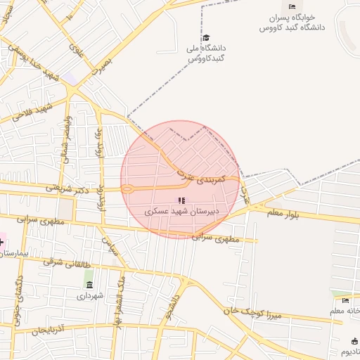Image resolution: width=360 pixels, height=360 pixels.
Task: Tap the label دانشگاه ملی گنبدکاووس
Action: (x=207, y=52)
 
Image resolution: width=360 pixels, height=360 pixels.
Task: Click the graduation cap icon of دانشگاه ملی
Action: (x=206, y=38)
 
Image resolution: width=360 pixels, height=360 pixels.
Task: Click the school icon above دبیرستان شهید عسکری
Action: (x=183, y=200)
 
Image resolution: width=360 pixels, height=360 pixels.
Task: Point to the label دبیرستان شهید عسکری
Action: (x=182, y=210)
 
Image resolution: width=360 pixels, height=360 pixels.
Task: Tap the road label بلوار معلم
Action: (x=283, y=213)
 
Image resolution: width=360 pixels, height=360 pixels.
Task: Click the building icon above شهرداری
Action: (x=89, y=284)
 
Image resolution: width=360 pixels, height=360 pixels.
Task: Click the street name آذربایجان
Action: (x=64, y=328)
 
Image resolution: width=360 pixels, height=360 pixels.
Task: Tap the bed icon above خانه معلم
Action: (x=345, y=301)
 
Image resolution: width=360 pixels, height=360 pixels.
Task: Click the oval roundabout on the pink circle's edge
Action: (x=128, y=188)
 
